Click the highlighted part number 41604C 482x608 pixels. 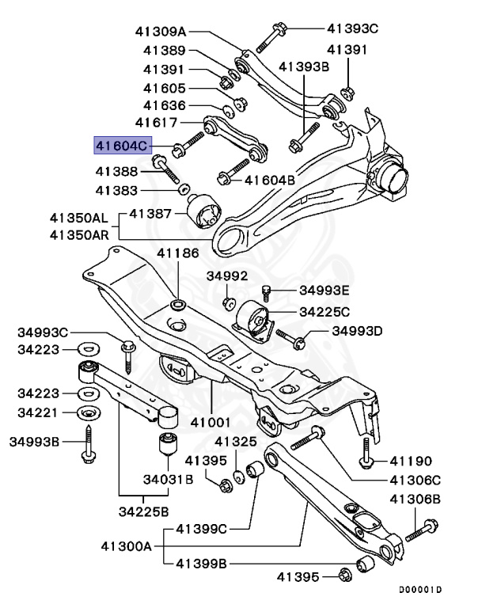(x=120, y=146)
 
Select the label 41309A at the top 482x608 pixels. (x=161, y=32)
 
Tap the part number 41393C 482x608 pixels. (x=353, y=28)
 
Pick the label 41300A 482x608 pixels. (x=127, y=545)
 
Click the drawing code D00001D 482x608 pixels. (x=419, y=590)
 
